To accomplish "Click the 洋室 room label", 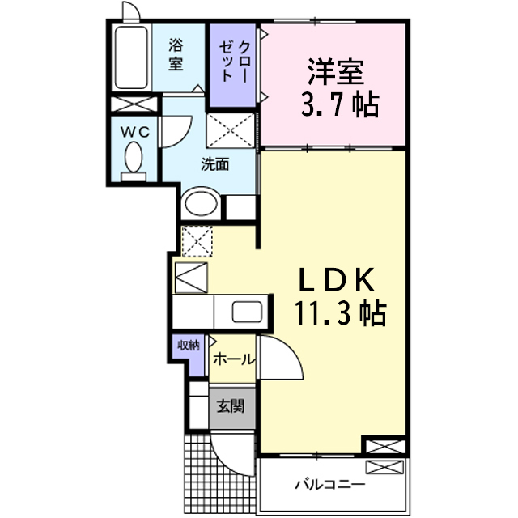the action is pyautogui.click(x=336, y=72).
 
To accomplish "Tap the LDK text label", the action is pyautogui.click(x=337, y=280).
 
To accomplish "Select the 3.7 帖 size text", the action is pyautogui.click(x=340, y=104).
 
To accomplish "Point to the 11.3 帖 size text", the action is pyautogui.click(x=340, y=313).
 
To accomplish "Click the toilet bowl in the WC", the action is pyautogui.click(x=134, y=157).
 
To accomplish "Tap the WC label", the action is pyautogui.click(x=135, y=133).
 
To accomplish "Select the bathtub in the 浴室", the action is pyautogui.click(x=131, y=57).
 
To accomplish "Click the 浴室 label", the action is pyautogui.click(x=176, y=54).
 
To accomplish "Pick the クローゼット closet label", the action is pyautogui.click(x=234, y=62).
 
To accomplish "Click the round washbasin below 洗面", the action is pyautogui.click(x=202, y=203).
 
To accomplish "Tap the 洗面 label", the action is pyautogui.click(x=215, y=164).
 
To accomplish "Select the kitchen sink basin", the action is pyautogui.click(x=248, y=312).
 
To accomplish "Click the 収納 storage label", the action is pyautogui.click(x=189, y=346).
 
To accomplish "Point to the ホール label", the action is pyautogui.click(x=234, y=359).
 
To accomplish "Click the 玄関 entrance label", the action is pyautogui.click(x=231, y=406).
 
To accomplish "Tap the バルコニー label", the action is pyautogui.click(x=330, y=485).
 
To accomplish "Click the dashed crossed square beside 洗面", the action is pyautogui.click(x=231, y=130).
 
